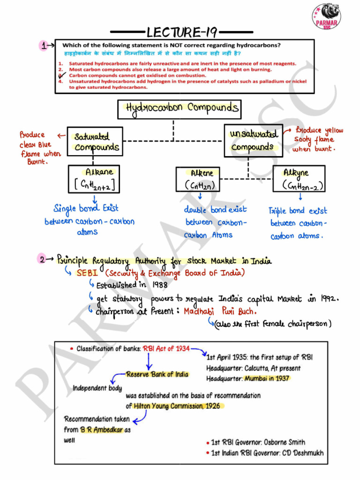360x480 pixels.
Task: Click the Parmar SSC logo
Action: [327, 16]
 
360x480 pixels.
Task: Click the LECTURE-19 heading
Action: [181, 32]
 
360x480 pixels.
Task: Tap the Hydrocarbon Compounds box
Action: [179, 109]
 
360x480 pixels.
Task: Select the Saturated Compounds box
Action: [95, 142]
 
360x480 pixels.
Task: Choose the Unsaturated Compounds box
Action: [253, 140]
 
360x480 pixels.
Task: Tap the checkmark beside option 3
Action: [61, 75]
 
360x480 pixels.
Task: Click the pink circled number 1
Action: [44, 45]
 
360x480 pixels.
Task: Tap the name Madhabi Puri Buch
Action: [220, 311]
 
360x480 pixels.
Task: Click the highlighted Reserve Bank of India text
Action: [157, 374]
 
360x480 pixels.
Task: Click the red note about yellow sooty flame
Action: [318, 139]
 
